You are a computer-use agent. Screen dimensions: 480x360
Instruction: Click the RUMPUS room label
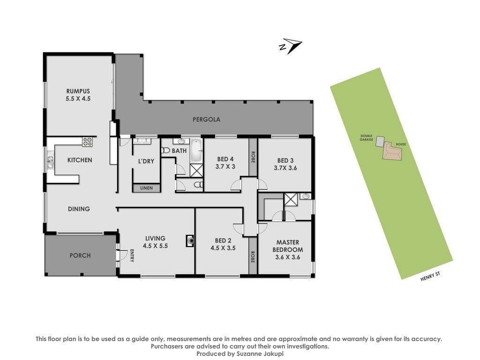[78, 91]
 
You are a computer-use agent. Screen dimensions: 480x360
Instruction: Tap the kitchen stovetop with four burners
[87, 142]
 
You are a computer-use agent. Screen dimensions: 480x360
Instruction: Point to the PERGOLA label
[206, 120]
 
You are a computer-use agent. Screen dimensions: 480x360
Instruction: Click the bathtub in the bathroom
[196, 151]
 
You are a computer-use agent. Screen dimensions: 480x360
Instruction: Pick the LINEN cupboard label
[146, 188]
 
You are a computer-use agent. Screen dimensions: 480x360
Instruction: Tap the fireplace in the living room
[190, 241]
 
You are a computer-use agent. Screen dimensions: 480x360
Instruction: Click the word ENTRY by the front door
[132, 255]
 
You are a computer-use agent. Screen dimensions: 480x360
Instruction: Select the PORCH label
[80, 255]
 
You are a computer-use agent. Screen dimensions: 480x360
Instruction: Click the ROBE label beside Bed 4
[253, 157]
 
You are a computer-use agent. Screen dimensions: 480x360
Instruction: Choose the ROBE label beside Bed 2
[253, 257]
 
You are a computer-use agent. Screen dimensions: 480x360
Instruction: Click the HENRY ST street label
[430, 277]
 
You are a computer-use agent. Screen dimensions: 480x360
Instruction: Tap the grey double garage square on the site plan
[380, 141]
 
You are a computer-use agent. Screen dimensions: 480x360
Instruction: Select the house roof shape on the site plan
[392, 150]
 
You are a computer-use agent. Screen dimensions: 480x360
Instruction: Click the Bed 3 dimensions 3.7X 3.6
[285, 168]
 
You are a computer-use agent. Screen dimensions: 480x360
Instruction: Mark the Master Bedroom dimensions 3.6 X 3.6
[287, 257]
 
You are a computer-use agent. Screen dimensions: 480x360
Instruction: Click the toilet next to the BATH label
[165, 150]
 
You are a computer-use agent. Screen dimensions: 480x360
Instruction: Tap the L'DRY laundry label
[146, 161]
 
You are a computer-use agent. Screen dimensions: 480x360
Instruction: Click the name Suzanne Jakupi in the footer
[260, 354]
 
